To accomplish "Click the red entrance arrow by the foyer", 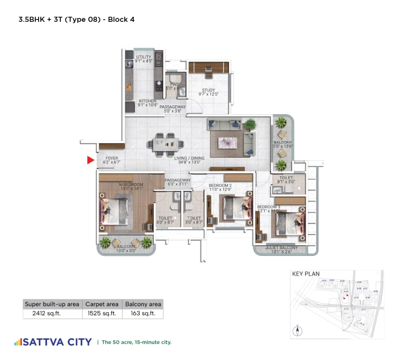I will (90, 161).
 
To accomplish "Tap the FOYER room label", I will (112, 159).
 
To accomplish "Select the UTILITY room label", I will (144, 57).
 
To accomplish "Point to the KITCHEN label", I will (148, 101).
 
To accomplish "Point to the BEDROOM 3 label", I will (269, 207).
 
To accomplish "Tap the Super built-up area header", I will (52, 304).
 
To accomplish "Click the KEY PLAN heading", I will (306, 274).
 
